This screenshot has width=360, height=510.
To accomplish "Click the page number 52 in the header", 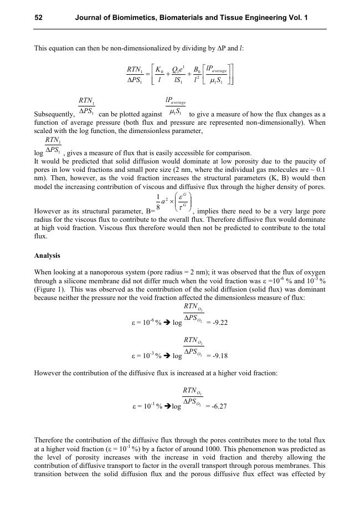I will pos(39,18).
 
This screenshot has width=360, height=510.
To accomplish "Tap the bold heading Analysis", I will pos(47,256).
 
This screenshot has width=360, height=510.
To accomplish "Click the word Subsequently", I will pos(54,115).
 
